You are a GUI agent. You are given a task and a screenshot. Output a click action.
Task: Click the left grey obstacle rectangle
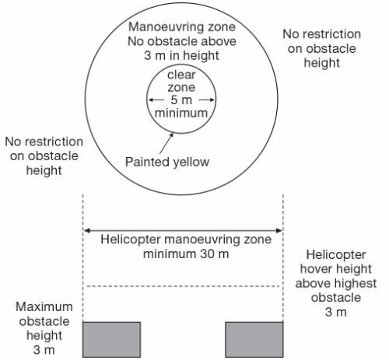tap(111, 338)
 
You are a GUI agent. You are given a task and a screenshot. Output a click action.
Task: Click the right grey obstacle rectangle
tap(254, 338)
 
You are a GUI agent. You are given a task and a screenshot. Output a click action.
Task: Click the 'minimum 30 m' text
tap(184, 253)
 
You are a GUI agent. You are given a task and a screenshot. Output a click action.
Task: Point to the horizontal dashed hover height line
tap(183, 287)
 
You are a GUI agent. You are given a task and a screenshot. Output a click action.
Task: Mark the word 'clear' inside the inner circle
tap(181, 75)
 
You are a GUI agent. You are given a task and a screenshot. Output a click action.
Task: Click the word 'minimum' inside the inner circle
tap(180, 113)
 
